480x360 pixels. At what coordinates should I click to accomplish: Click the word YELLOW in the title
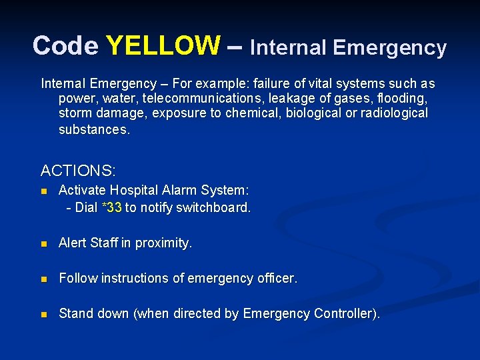(163, 46)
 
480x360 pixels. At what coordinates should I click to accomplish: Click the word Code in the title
(65, 46)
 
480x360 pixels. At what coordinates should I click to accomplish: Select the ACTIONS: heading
(78, 171)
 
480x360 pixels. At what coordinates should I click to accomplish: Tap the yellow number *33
(111, 207)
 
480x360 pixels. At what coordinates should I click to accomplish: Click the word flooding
(402, 98)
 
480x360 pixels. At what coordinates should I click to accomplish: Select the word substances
(94, 129)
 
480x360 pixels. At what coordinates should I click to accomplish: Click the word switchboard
(217, 207)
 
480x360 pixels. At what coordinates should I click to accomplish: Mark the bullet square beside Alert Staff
(44, 244)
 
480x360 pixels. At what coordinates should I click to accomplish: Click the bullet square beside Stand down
(44, 314)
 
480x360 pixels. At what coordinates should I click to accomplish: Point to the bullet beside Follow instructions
(44, 279)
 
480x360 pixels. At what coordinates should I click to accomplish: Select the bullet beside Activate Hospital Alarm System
(44, 191)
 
